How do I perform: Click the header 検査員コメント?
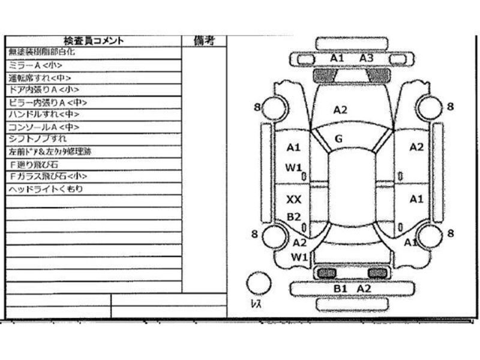click(x=94, y=41)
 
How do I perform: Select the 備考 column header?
click(x=204, y=41)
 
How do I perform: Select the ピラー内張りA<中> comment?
click(x=48, y=103)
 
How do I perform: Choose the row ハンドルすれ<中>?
click(x=43, y=115)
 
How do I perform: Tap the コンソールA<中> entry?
click(x=44, y=127)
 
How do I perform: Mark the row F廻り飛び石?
click(x=34, y=164)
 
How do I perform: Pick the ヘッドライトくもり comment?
click(x=46, y=189)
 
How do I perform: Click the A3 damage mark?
click(x=367, y=58)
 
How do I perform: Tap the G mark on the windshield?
click(x=338, y=139)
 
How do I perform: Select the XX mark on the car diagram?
click(x=293, y=199)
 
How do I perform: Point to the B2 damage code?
click(x=293, y=217)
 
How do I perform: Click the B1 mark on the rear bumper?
click(x=340, y=289)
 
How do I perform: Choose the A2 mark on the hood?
click(x=340, y=109)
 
